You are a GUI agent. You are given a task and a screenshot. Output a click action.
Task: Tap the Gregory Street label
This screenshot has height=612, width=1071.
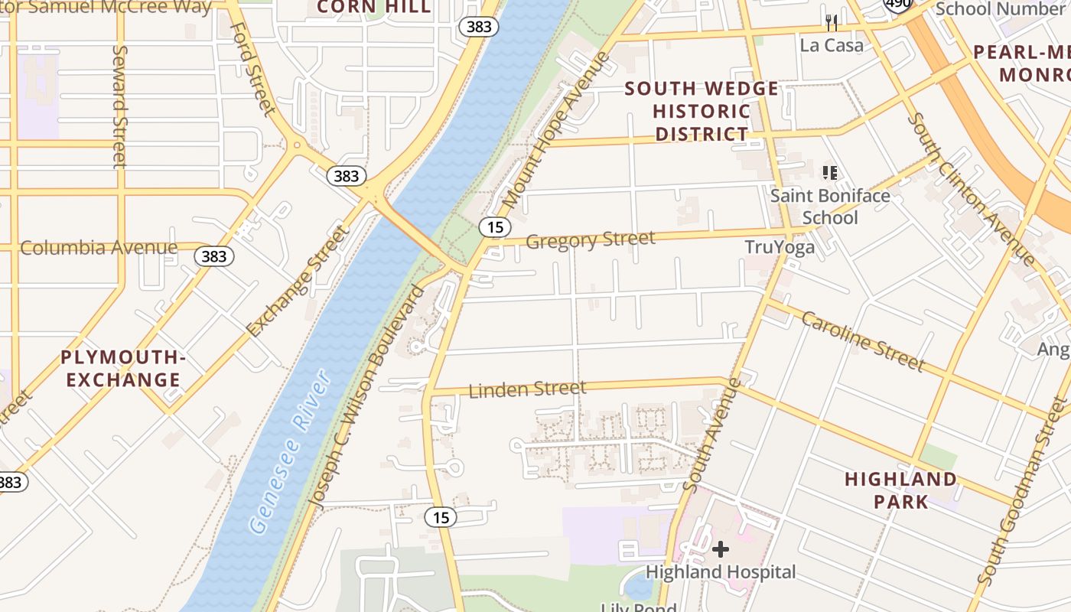click(591, 239)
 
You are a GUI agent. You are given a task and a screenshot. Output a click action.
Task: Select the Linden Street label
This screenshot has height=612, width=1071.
click(527, 389)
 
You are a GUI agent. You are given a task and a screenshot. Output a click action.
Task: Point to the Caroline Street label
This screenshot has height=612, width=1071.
click(863, 341)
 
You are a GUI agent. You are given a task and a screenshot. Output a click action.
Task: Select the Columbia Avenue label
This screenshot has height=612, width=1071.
click(99, 248)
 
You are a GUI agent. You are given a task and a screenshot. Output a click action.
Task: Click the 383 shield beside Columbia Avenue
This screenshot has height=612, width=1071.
click(214, 256)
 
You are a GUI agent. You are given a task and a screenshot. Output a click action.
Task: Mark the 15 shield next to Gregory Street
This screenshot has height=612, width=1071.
click(495, 226)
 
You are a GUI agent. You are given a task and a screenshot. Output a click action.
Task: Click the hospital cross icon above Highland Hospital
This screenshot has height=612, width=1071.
click(720, 549)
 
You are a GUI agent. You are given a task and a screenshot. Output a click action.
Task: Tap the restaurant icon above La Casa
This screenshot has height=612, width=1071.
click(832, 23)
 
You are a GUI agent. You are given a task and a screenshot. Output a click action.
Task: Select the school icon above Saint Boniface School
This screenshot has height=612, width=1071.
click(829, 173)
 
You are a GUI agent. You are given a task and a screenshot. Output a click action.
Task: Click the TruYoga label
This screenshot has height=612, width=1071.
click(780, 247)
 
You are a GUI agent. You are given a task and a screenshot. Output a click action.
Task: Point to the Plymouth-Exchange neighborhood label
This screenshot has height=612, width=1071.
click(123, 369)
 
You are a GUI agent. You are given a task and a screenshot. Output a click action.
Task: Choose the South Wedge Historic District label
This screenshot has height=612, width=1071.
click(702, 111)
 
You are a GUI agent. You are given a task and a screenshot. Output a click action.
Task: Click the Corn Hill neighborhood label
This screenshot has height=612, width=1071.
click(374, 8)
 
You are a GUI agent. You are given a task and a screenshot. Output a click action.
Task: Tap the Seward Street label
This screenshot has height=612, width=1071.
click(119, 106)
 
